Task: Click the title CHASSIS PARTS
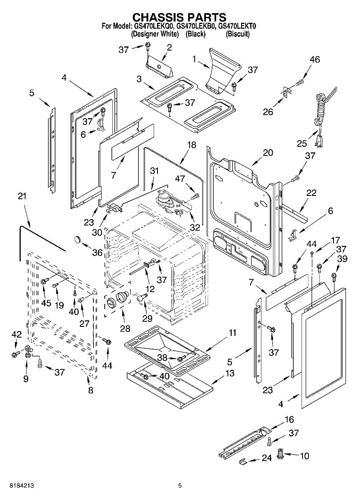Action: point(179,17)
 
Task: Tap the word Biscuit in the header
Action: point(237,34)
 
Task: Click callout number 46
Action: point(314,60)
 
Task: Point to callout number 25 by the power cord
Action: point(302,144)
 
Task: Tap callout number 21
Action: point(22,196)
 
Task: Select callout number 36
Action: point(97,252)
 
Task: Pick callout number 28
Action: point(125,328)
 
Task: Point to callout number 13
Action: point(230,373)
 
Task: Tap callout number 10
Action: point(304,456)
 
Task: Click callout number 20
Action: point(268,152)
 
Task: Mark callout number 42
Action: point(16,335)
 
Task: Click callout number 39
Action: point(342,259)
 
